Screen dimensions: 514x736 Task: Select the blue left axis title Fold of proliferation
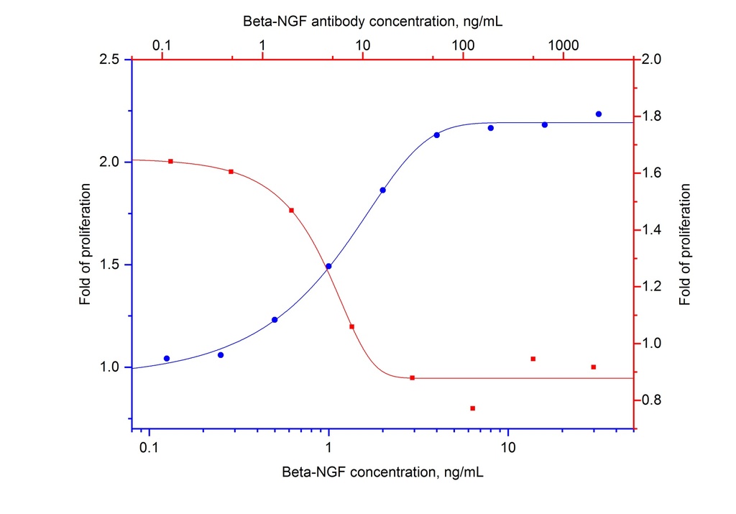(x=86, y=244)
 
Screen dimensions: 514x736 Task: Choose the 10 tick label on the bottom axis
(x=508, y=446)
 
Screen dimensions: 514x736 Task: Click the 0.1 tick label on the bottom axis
(x=149, y=446)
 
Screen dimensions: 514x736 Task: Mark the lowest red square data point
(x=473, y=408)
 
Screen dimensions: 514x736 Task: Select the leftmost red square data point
(x=170, y=161)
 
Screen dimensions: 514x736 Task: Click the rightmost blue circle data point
(x=599, y=114)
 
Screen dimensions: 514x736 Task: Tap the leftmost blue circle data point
(x=167, y=358)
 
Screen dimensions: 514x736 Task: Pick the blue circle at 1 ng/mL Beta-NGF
(x=328, y=266)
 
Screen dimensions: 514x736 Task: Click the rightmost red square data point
(x=594, y=367)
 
